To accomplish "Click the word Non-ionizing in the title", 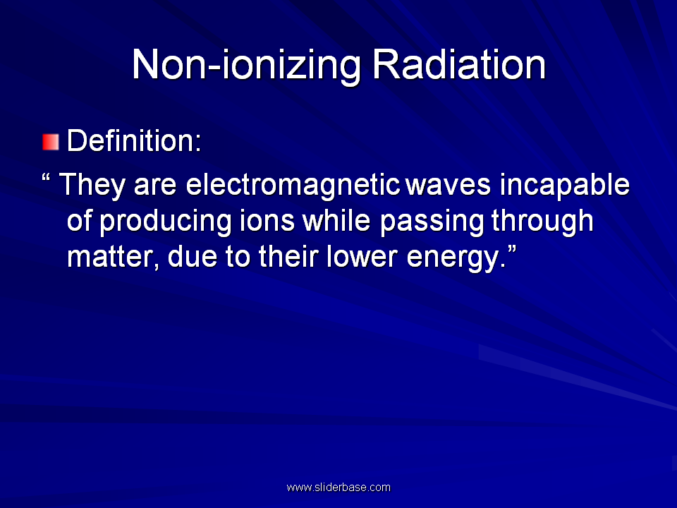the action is tap(247, 65).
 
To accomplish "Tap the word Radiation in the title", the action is tap(459, 64).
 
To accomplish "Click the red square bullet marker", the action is tap(51, 142).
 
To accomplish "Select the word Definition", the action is tap(134, 140).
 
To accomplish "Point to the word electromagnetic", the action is tap(293, 186).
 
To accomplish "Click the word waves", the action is tap(449, 186).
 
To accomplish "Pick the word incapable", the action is tap(565, 186).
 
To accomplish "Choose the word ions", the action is tap(267, 221).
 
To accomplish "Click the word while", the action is tap(336, 221).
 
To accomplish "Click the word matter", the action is tap(113, 258).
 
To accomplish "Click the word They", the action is tap(92, 186).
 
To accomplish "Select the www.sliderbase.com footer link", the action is tap(338, 488).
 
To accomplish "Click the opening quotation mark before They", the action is tap(47, 178).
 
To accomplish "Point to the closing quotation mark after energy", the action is tap(512, 250).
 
